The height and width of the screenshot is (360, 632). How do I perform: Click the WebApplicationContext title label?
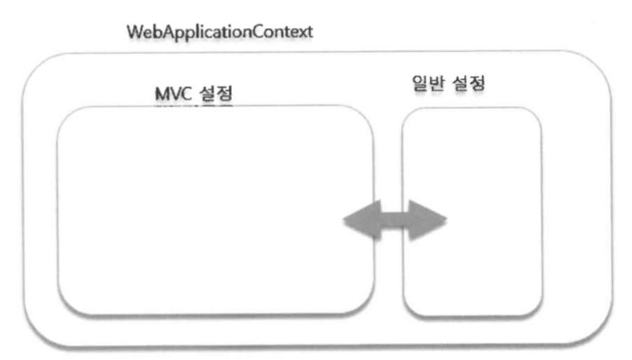(219, 32)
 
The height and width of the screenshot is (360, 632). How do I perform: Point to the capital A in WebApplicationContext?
(165, 32)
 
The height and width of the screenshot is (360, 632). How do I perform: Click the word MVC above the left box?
(171, 94)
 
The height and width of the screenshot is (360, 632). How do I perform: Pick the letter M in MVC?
(161, 94)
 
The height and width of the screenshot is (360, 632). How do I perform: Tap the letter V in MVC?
(172, 94)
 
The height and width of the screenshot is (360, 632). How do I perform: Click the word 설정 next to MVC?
(212, 94)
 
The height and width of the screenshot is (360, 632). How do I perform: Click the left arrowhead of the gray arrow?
(357, 221)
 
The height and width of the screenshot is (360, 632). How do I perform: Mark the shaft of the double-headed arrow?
(393, 221)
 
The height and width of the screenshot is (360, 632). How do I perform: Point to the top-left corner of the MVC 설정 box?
(63, 113)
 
